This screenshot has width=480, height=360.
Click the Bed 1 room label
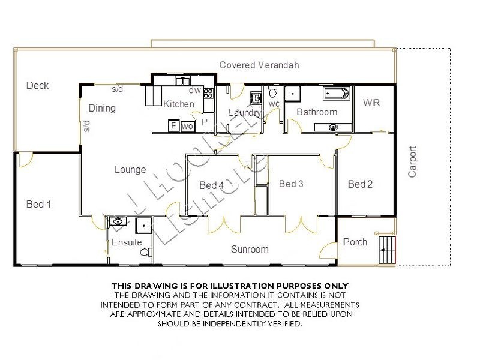coord(38,205)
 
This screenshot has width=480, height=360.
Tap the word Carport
coord(412,162)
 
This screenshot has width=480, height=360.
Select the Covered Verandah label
coord(259,65)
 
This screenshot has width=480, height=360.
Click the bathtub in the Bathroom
coord(335,94)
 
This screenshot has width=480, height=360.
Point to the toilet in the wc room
coord(272,93)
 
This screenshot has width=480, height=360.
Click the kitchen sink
coord(182,80)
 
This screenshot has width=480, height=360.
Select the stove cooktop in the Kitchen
coord(209,93)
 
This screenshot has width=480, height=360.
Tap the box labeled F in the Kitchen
coord(173,126)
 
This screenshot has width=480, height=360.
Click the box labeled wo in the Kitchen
coord(187,126)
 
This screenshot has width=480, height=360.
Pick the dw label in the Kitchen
coord(194,91)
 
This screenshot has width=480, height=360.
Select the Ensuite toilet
coord(144,253)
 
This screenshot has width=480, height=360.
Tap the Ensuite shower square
coord(144,225)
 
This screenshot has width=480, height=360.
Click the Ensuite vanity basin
coord(118,221)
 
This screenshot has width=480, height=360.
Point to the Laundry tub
coord(255,97)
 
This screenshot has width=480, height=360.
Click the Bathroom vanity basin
coord(332,127)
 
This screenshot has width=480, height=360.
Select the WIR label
coord(371,103)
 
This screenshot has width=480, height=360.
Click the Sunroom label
coord(250,249)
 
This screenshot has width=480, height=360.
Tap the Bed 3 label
coord(291,184)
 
